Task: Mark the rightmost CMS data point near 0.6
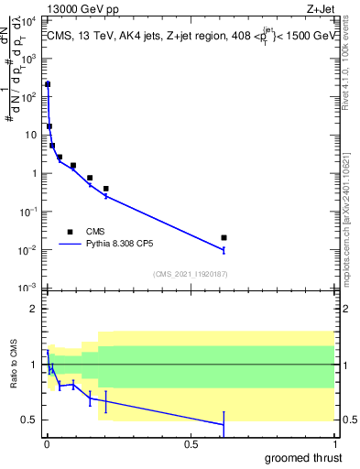[224, 238]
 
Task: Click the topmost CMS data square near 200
[48, 84]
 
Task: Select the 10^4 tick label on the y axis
[28, 19]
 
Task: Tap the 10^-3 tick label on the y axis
[27, 288]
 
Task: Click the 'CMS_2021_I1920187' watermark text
[190, 273]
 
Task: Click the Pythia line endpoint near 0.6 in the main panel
[224, 249]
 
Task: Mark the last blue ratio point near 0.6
[224, 424]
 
